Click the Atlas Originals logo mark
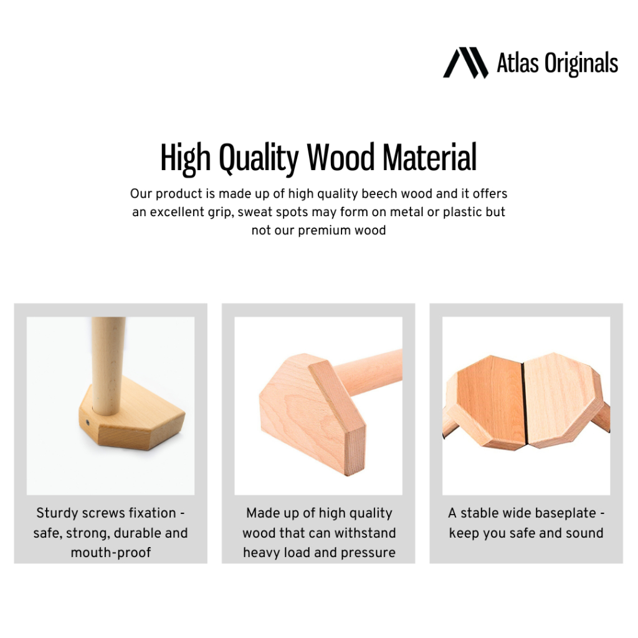coord(465,63)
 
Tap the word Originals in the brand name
coord(581,64)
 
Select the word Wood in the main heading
coord(341,158)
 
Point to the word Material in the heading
coord(429,158)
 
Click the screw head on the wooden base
coord(87,423)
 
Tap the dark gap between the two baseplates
coord(524,404)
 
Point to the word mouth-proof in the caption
coord(111,553)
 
